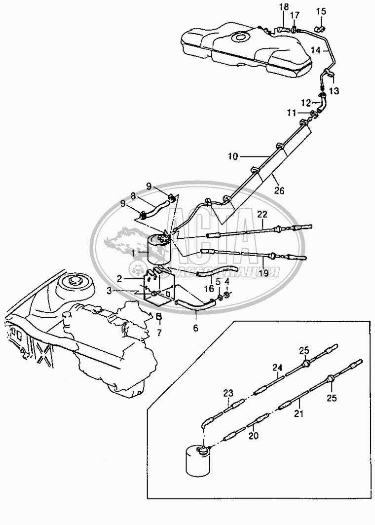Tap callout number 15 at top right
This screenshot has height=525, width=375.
coord(321,12)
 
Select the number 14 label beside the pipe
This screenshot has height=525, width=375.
coord(315,50)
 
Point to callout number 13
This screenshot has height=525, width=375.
coord(334,91)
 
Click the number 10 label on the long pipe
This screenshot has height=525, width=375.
coord(233,156)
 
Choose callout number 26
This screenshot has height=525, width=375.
coord(279,190)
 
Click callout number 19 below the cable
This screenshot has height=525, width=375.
coord(263,273)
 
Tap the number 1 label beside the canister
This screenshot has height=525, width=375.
coord(133,254)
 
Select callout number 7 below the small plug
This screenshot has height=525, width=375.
coord(159,333)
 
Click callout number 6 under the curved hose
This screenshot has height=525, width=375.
coord(195,328)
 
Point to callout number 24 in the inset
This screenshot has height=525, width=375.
coord(277,368)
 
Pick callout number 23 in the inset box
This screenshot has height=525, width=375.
coord(228,393)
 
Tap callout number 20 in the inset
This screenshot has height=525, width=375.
coord(254,436)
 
